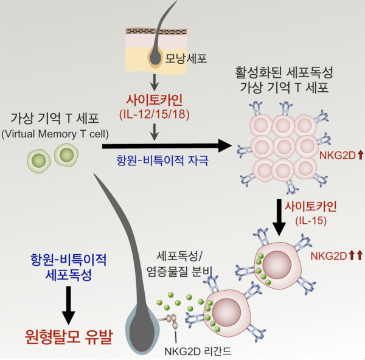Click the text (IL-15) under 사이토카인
point(308,220)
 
